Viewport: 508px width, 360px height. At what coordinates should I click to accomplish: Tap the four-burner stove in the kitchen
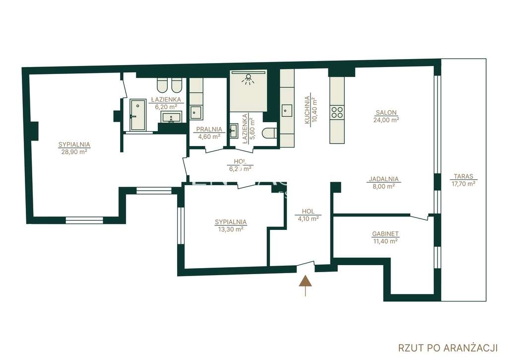click(337, 112)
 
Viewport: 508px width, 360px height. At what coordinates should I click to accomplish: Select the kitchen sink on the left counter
click(287, 111)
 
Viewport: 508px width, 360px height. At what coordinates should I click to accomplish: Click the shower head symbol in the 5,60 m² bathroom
click(248, 78)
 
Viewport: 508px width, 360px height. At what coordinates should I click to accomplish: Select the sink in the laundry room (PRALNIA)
click(196, 112)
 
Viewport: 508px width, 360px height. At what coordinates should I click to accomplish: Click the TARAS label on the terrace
click(463, 176)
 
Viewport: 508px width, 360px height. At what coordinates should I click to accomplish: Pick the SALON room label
click(386, 112)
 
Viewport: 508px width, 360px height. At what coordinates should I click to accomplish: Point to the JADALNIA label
click(383, 179)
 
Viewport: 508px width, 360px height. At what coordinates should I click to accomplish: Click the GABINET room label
click(385, 234)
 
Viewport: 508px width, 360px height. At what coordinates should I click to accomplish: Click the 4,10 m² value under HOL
click(308, 218)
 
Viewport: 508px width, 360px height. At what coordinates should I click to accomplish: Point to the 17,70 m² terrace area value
click(463, 183)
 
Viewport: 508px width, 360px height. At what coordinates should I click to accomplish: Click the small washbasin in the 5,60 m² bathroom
click(234, 132)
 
